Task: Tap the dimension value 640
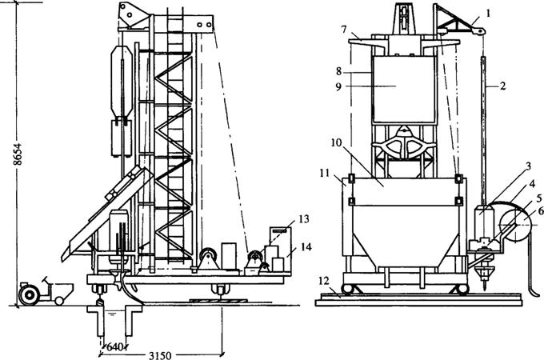pos(115,346)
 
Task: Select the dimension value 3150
pos(160,355)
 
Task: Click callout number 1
pos(488,13)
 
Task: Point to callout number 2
pos(502,86)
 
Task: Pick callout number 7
pos(343,29)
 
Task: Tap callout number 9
pos(338,86)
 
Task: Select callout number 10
pos(336,143)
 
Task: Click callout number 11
pos(325,172)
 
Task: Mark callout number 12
pos(323,282)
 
